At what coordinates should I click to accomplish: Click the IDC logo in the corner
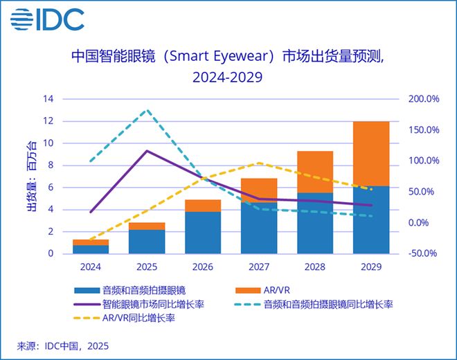click(x=48, y=19)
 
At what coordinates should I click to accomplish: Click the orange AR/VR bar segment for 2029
click(x=370, y=154)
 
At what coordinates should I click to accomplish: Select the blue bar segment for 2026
click(x=202, y=233)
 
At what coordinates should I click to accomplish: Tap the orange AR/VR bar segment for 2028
click(x=314, y=172)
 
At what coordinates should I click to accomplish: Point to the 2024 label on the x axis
click(x=90, y=265)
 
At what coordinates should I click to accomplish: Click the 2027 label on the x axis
click(x=258, y=265)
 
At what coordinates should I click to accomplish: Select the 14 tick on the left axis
click(x=48, y=99)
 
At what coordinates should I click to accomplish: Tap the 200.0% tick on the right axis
click(x=423, y=99)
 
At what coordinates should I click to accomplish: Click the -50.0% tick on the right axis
click(x=423, y=253)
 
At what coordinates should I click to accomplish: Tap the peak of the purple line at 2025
click(x=146, y=151)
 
